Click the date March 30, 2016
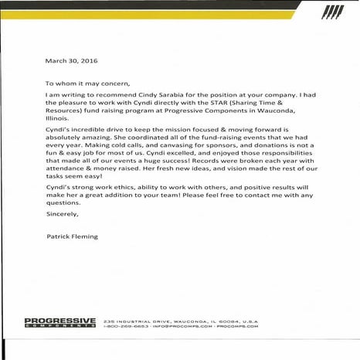click(x=65, y=60)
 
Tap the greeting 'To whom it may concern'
click(x=84, y=82)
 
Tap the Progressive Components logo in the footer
click(x=59, y=322)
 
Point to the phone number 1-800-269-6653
click(x=126, y=327)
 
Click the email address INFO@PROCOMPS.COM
click(x=178, y=327)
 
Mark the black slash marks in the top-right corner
click(x=331, y=12)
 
